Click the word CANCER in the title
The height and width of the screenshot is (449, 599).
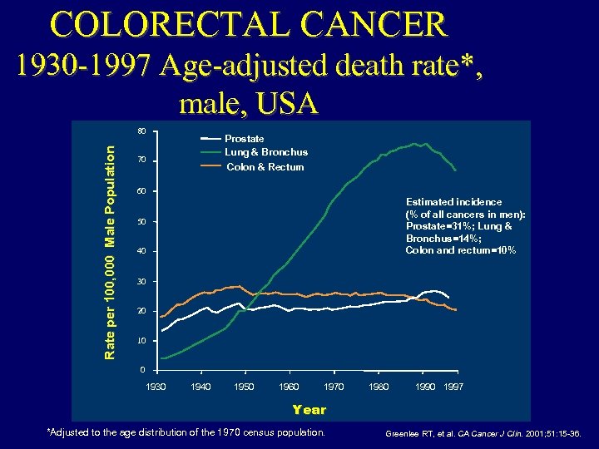point(379,24)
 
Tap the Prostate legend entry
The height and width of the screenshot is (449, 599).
point(245,138)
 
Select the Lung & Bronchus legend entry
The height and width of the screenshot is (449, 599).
point(266,152)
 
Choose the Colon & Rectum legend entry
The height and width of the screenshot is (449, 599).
point(265,167)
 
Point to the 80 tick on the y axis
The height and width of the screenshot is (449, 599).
point(141,131)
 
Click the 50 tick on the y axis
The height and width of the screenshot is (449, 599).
point(141,222)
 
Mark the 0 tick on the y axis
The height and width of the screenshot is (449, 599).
point(143,369)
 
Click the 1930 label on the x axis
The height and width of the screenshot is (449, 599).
point(156,387)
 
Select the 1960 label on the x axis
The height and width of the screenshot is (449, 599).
point(290,387)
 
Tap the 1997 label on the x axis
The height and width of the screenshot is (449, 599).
point(453,387)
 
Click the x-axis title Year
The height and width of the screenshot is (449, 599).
point(309,409)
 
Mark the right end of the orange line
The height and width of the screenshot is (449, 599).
point(456,309)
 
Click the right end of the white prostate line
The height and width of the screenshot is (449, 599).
point(448,297)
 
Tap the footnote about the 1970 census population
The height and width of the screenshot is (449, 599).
point(186,432)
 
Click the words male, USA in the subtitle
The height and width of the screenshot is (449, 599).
point(248,103)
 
